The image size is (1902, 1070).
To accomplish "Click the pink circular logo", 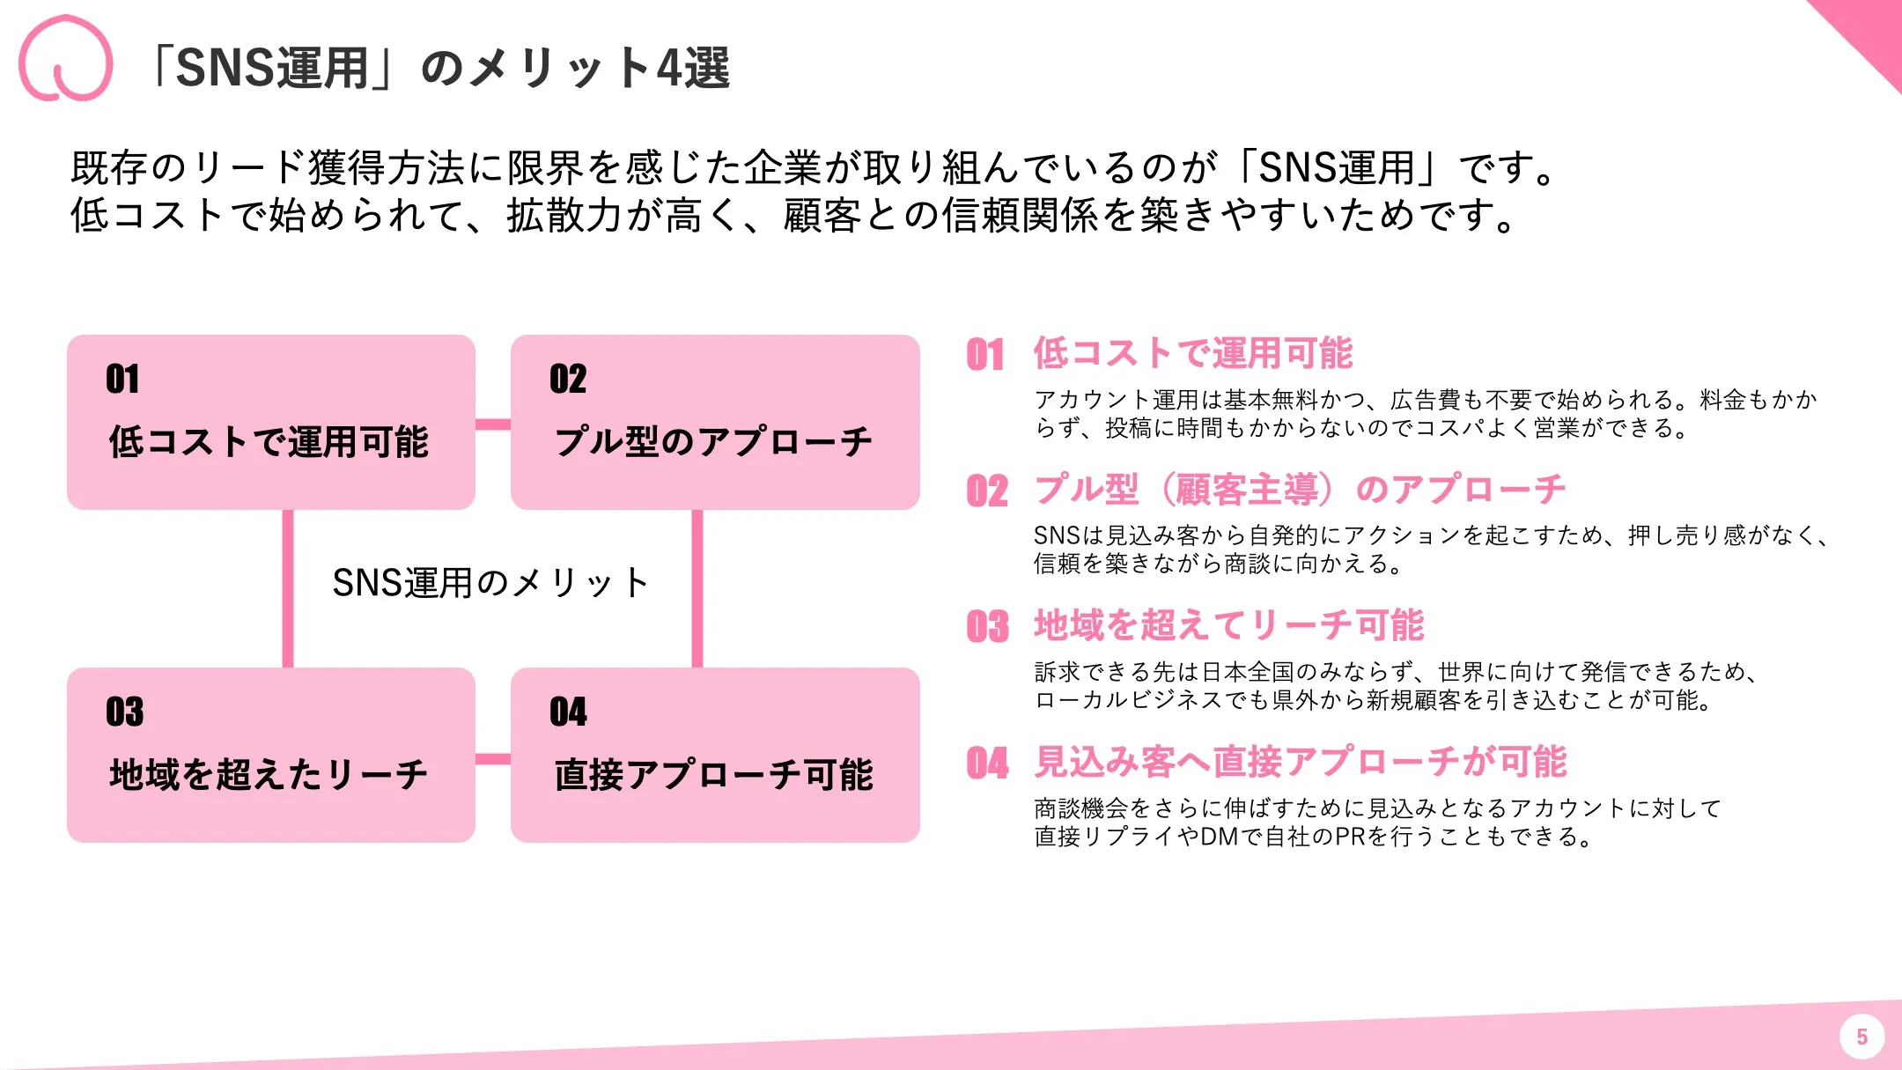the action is (66, 58).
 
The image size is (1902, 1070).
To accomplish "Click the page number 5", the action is (1861, 1037).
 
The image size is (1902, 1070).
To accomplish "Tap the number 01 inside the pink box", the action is (122, 380).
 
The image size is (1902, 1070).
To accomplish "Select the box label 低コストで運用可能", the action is (269, 441).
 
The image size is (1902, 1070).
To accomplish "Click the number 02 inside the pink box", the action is (568, 380).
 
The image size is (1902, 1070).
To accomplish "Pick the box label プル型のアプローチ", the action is (713, 441).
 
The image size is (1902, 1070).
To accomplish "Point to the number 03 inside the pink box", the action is (124, 712).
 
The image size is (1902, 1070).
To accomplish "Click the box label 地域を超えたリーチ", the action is (269, 774).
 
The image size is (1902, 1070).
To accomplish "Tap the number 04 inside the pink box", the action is (568, 712).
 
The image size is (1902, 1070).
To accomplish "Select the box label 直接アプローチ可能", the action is (714, 774).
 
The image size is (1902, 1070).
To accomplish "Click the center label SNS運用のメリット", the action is (491, 583).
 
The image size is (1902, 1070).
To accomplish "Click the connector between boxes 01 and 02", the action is (493, 424).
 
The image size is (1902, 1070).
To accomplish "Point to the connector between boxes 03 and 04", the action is (493, 759).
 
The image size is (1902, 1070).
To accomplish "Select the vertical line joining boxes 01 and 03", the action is (288, 588).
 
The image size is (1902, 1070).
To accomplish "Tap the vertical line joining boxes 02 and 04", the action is (697, 588).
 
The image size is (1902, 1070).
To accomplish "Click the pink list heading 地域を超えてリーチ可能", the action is (1229, 625).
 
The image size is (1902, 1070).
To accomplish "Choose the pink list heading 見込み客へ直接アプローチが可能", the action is (1301, 762).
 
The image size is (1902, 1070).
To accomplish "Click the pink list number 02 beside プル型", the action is (987, 491).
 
